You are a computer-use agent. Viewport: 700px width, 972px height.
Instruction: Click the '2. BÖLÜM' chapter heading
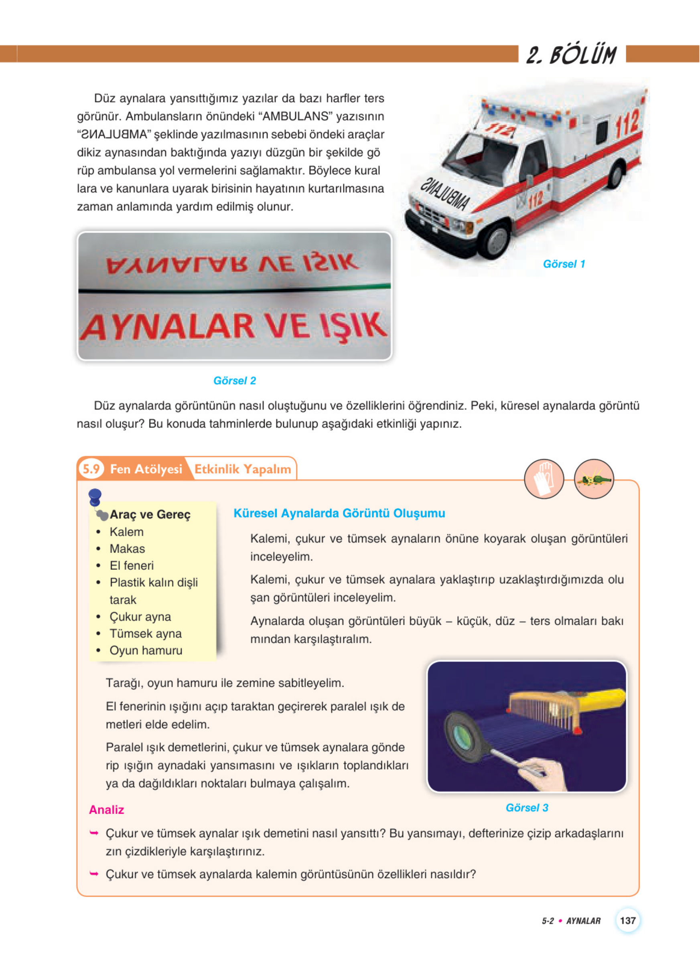pyautogui.click(x=571, y=55)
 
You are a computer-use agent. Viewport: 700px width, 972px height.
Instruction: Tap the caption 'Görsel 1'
pyautogui.click(x=564, y=264)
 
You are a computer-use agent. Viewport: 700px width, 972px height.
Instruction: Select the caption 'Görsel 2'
pyautogui.click(x=235, y=381)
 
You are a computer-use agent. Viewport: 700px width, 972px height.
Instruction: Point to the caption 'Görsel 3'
pyautogui.click(x=527, y=808)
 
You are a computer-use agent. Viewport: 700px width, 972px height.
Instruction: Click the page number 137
pyautogui.click(x=627, y=920)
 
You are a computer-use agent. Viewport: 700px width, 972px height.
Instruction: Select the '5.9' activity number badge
pyautogui.click(x=91, y=469)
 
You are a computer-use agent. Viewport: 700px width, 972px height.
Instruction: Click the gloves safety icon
pyautogui.click(x=544, y=479)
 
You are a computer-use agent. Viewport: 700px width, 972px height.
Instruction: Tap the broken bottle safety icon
pyautogui.click(x=594, y=479)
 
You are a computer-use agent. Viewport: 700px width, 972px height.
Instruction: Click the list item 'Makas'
pyautogui.click(x=127, y=549)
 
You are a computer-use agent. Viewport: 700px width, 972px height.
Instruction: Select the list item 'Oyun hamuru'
pyautogui.click(x=146, y=650)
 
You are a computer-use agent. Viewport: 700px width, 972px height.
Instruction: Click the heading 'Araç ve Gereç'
pyautogui.click(x=150, y=514)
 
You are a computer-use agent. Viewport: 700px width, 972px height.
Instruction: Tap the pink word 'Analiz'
pyautogui.click(x=106, y=810)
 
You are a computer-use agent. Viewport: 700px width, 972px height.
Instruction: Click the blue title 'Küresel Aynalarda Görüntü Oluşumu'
pyautogui.click(x=339, y=513)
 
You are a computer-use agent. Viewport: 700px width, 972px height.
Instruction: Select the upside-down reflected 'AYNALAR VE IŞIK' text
pyautogui.click(x=232, y=263)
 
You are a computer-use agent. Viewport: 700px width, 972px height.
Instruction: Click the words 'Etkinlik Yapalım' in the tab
pyautogui.click(x=243, y=469)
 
